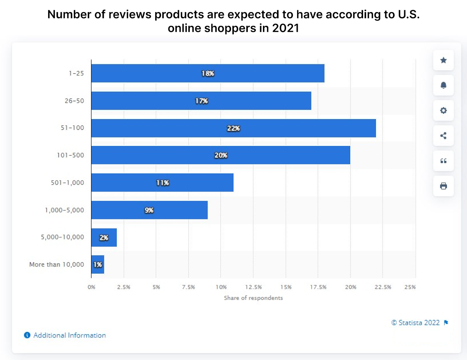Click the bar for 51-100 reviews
coord(233,128)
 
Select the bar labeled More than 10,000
coord(98,265)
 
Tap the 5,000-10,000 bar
coord(104,237)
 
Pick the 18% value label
coord(208,74)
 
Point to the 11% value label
coord(163,183)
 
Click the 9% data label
coord(149,210)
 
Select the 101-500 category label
coord(70,155)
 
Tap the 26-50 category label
coord(74,101)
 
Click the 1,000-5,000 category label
coord(64,210)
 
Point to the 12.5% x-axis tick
coord(253,287)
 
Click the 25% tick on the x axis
coord(410,287)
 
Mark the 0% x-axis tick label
coord(91,287)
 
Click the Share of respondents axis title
coord(253,298)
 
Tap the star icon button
coord(443,60)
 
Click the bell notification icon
coord(443,85)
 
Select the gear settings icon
coord(443,110)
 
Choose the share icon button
coord(443,135)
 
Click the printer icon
coord(443,186)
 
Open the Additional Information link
coord(69,335)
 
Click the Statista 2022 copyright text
coord(416,323)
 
